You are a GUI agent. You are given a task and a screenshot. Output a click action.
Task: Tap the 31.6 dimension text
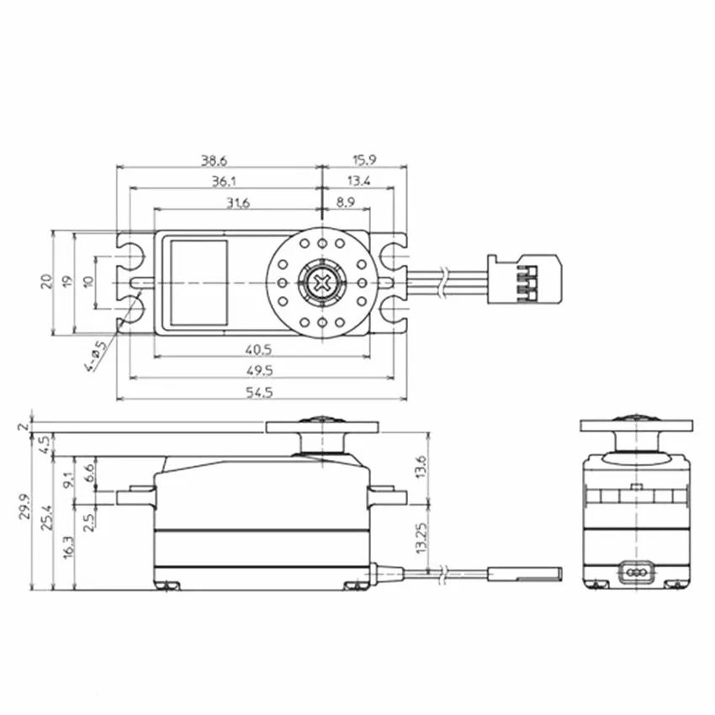click(237, 202)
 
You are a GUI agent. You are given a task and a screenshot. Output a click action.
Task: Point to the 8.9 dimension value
click(346, 202)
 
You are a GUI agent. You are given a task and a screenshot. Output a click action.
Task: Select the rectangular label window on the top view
click(199, 282)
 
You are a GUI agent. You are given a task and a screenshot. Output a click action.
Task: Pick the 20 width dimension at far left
click(47, 281)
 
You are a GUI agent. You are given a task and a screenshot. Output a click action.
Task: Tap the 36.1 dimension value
click(223, 180)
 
